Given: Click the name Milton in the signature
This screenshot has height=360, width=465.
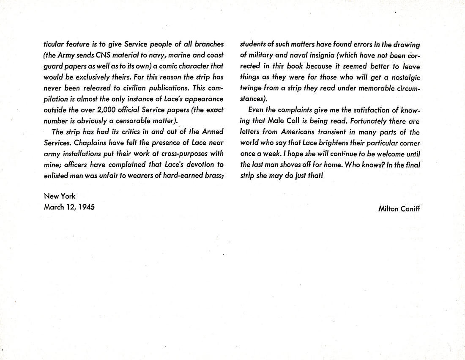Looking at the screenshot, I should [388, 208].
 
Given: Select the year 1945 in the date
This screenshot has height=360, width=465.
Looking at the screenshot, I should [86, 207].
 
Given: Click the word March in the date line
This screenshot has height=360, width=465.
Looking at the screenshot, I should [54, 207].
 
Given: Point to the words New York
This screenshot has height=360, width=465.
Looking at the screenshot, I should [60, 196].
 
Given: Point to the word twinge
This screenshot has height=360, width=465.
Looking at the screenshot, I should [251, 88].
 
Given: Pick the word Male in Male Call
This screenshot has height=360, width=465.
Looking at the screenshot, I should [276, 121].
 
